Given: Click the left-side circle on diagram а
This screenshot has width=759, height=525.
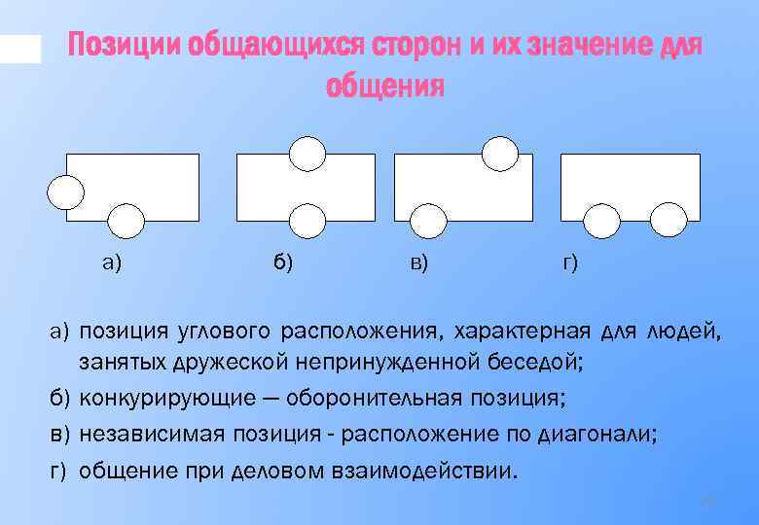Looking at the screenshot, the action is coord(66,192).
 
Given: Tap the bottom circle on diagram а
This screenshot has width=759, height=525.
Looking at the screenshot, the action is coord(126,222).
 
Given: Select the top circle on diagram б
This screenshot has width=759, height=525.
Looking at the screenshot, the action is coord(307,153).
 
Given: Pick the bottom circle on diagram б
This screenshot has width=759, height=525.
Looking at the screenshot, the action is coord(307,222).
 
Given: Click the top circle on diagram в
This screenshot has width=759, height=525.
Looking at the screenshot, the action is coord(500,153).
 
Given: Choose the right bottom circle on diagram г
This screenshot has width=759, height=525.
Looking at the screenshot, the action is coord(668,221).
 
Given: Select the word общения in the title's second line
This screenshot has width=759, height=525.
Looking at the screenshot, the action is coord(384,88).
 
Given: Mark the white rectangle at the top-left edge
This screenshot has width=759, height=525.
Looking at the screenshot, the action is coord(19,49).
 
